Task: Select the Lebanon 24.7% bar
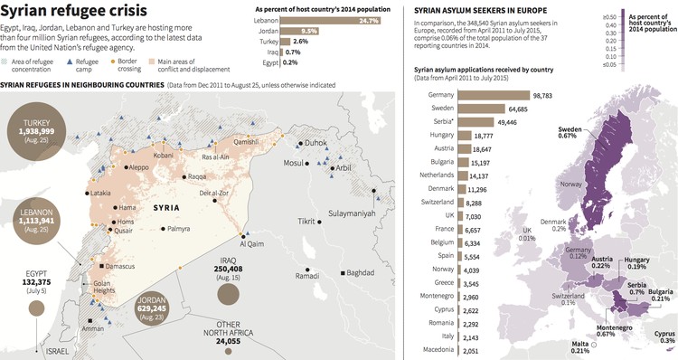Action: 333,20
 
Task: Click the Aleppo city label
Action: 138,167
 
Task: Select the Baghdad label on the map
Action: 360,272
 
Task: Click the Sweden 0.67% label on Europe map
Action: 567,133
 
